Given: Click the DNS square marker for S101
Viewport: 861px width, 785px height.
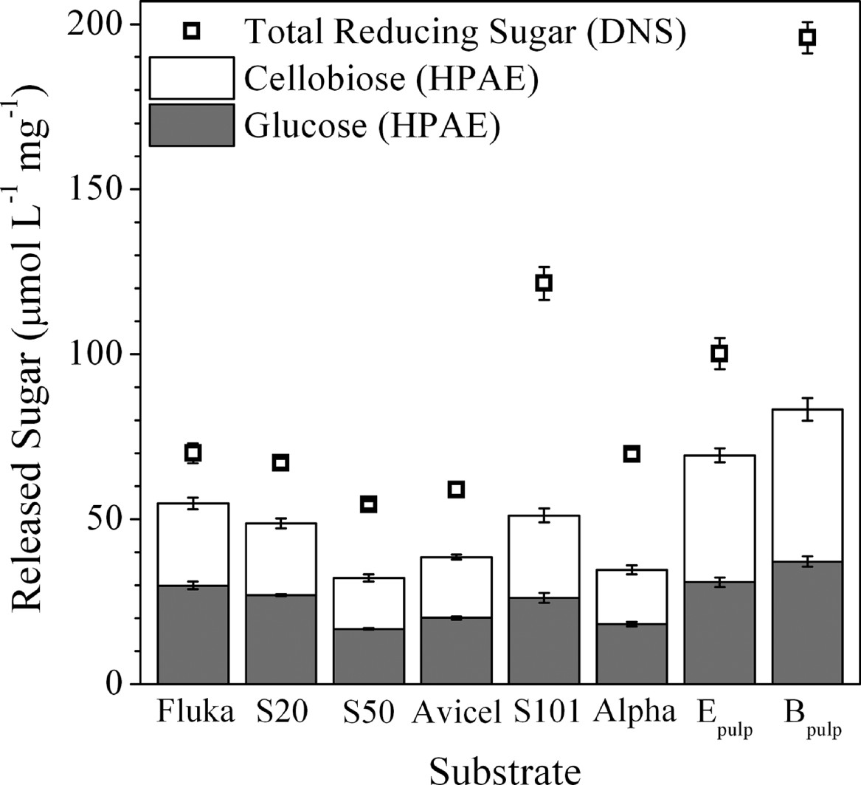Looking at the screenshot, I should [544, 283].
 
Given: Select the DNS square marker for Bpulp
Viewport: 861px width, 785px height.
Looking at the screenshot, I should [807, 38].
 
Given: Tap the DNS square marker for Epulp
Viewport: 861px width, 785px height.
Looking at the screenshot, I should [719, 354].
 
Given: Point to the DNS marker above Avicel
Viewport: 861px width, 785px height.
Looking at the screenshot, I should [456, 489].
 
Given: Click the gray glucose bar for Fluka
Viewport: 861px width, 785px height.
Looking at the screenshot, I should [193, 634].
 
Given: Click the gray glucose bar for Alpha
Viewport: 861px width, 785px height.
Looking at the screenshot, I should [632, 654].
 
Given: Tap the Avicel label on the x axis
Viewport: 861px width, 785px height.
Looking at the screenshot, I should [456, 712].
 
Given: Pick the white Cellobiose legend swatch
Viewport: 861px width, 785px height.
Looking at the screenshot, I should [192, 78].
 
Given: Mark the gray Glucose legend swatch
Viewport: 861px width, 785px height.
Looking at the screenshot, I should [192, 125].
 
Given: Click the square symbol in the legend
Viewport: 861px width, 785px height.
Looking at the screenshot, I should [192, 30].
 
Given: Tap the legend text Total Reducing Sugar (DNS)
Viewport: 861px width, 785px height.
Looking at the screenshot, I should [466, 30].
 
